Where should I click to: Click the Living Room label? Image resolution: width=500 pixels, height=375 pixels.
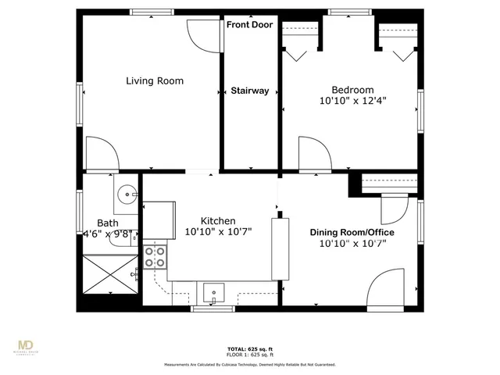point(155,80)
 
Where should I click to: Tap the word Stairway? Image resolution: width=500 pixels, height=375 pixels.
point(250,91)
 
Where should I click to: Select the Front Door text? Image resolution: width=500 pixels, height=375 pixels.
point(250,25)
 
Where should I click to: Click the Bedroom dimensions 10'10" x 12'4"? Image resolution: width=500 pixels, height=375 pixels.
point(353,101)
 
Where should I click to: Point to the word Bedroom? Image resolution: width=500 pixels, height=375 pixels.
point(352,89)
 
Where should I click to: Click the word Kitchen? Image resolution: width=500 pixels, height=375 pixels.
point(218,221)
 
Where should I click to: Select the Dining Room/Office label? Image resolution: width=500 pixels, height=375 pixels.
point(352,233)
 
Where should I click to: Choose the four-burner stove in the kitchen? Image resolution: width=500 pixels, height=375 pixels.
point(155,257)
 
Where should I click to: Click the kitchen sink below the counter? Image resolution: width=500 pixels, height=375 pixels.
point(213,293)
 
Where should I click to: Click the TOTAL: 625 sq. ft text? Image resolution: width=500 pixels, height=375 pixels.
point(249,348)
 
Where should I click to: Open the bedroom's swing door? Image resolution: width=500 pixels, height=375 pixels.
point(312,152)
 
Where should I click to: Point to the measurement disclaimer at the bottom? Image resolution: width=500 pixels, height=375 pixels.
point(249,364)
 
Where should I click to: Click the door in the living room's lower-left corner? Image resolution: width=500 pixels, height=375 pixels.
point(102,152)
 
